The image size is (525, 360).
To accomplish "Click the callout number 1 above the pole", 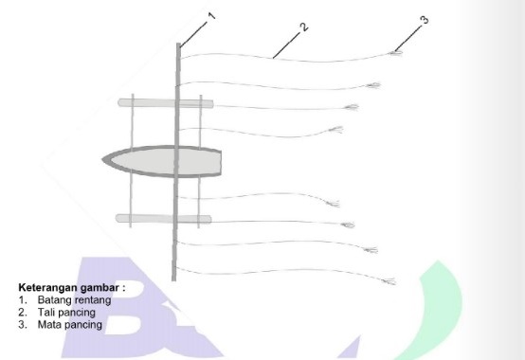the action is pos(211,16).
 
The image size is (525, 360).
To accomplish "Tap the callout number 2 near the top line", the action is pos(304,27).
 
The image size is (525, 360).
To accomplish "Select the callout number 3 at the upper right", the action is pos(425,20).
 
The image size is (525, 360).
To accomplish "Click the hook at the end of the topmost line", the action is pos(396,52).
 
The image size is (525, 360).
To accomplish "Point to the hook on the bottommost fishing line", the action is pos(389,281).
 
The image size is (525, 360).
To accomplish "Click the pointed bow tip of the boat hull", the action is pos(102,159).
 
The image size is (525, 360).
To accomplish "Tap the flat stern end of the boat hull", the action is pos(220,163).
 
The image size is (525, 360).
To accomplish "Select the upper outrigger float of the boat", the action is pos(166,102).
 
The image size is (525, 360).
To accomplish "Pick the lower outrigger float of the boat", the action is pos(163,219).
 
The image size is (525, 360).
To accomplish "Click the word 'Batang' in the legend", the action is pos(54,299).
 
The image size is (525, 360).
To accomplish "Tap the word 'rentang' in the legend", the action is pos(92,300).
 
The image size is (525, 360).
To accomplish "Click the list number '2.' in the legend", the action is pos(23,313).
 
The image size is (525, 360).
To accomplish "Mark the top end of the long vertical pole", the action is pos(179,44).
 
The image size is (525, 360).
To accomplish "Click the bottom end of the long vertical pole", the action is pos(173,280).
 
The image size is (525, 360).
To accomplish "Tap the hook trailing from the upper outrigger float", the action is pos(352,107).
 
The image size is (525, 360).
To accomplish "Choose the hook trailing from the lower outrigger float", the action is pos(348,225).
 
